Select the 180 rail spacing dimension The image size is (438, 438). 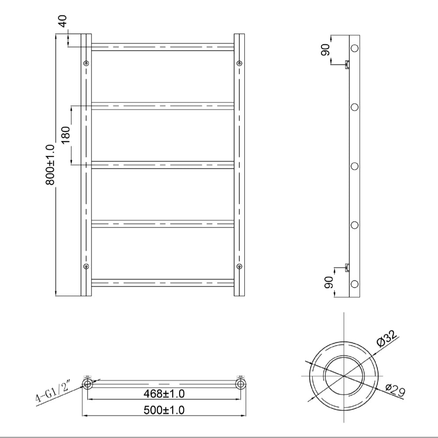click(x=64, y=136)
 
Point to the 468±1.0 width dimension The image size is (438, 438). click(x=164, y=394)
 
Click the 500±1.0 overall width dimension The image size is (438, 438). click(x=164, y=410)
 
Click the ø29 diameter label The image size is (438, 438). click(x=395, y=390)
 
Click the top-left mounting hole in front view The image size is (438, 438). click(x=86, y=64)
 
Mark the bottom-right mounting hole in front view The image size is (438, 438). click(x=239, y=266)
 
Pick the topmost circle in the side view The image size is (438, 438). click(x=355, y=48)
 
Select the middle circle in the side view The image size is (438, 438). click(x=355, y=166)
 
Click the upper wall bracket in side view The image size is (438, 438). click(x=347, y=65)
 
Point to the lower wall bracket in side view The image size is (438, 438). click(x=347, y=267)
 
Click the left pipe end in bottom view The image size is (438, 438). click(x=87, y=385)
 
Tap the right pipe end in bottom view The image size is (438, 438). click(x=240, y=385)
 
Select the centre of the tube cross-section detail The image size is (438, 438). click(x=344, y=376)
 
